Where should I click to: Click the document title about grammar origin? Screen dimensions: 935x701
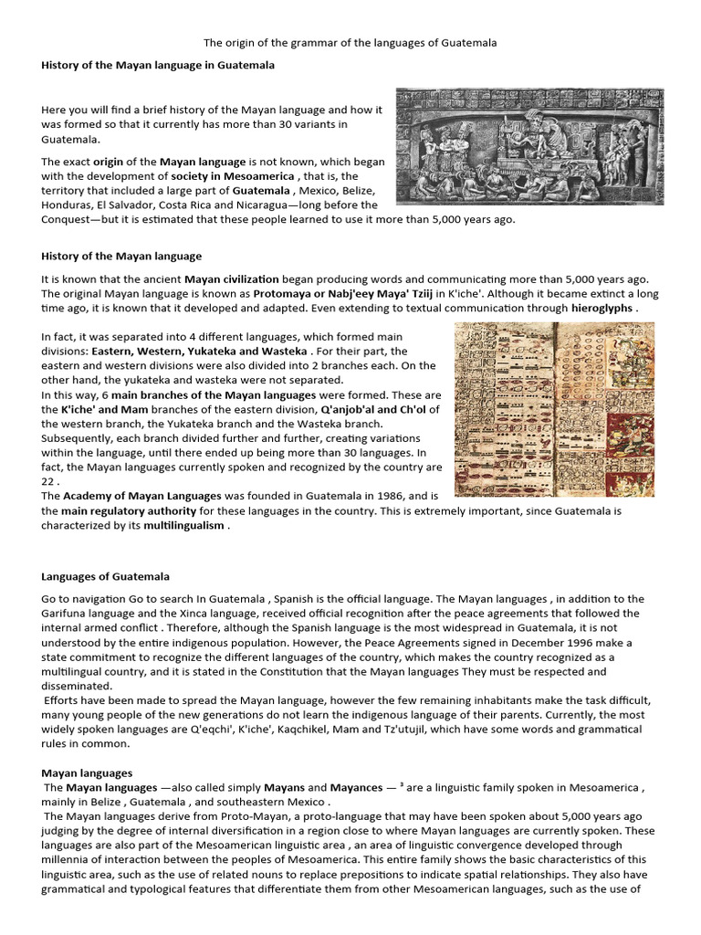click(x=350, y=43)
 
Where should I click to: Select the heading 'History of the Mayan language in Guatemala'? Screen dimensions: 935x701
click(x=158, y=66)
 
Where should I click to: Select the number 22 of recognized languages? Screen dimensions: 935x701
click(x=49, y=481)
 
